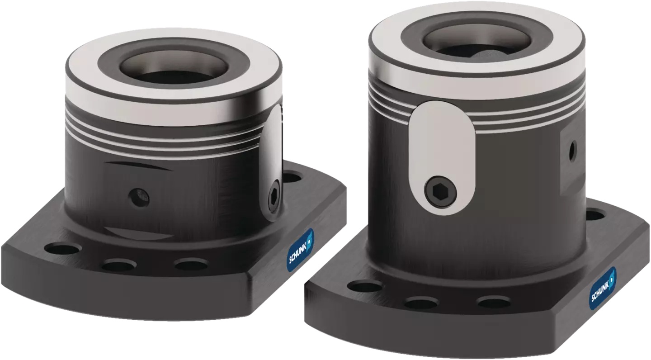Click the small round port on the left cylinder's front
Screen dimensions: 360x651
tap(138, 197)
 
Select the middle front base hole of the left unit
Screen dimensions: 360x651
tap(118, 265)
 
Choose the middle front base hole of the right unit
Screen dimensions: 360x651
tap(421, 303)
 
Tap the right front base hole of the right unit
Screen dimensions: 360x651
tap(494, 302)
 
